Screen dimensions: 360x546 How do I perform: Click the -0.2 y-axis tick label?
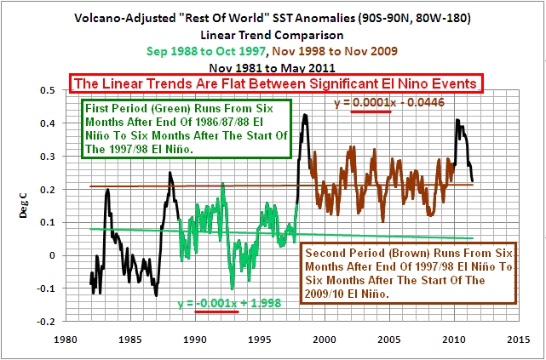[x=51, y=321]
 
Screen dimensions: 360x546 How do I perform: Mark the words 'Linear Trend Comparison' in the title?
[x=273, y=34]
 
